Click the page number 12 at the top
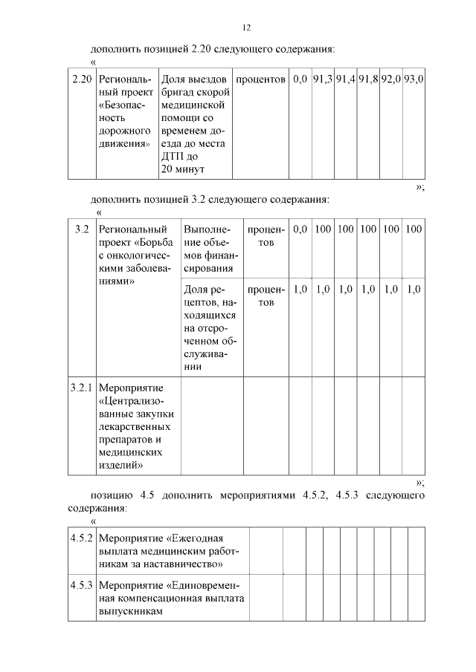(x=246, y=27)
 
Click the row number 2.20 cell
(x=81, y=78)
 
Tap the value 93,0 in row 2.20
(x=414, y=78)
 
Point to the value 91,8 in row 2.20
(x=368, y=78)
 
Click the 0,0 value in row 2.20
(x=300, y=78)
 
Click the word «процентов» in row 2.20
(x=260, y=78)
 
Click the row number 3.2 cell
(x=82, y=229)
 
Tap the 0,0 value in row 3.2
(x=300, y=229)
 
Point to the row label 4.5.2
(x=81, y=538)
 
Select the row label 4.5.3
(x=81, y=585)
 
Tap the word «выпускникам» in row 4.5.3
(x=130, y=612)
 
